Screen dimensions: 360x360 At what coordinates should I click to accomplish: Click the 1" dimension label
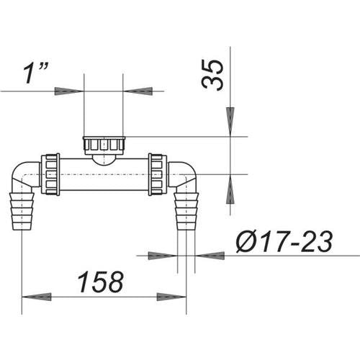[36, 73]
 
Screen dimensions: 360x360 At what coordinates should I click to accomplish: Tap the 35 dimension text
[212, 75]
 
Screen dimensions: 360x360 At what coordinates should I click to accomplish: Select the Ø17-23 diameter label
[284, 242]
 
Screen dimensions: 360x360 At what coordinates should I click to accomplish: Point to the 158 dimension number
[100, 282]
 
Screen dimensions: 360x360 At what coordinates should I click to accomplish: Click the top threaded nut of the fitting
[104, 145]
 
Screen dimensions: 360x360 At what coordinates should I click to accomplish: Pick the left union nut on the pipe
[50, 174]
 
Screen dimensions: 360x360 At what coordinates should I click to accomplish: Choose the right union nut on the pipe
[158, 174]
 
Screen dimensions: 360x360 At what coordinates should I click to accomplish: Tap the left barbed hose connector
[22, 211]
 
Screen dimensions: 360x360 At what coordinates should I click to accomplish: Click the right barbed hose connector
[186, 211]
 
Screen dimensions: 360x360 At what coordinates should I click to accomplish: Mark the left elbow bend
[24, 175]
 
